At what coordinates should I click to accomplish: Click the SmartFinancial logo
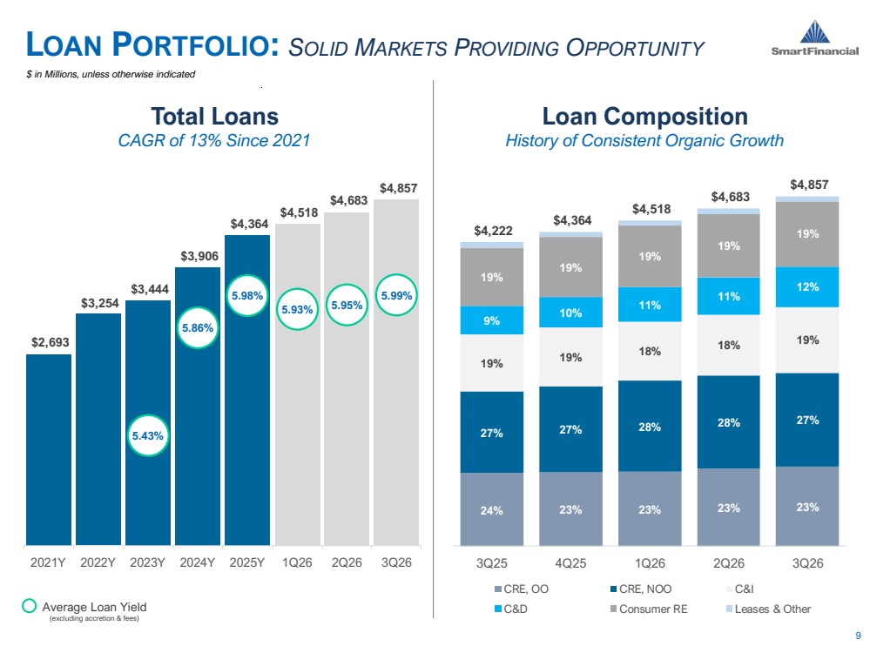coord(814,37)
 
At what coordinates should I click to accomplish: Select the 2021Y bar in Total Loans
coord(49,449)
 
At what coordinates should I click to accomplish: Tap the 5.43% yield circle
coord(147,435)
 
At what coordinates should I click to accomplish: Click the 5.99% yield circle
coord(396,295)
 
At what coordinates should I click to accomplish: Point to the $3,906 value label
coord(199,256)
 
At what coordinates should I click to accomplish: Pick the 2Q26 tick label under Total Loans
coord(347,562)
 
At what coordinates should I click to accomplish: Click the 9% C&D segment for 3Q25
coord(491,320)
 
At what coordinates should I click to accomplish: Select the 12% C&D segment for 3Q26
coord(807,286)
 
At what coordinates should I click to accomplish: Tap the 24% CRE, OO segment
coord(491,509)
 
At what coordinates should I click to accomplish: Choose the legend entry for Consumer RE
coord(648,609)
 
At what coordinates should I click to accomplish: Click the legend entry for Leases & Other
coord(768,609)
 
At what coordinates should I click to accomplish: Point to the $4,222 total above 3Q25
coord(493,230)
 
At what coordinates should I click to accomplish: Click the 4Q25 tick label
coord(570,563)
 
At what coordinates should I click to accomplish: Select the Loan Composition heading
coord(644,117)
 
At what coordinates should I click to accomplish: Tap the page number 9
coord(859,636)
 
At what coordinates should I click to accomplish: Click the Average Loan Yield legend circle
coord(29,606)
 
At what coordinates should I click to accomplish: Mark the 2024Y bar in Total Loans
coord(198,406)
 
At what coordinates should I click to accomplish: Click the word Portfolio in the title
coord(195,45)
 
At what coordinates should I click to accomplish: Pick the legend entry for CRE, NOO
coord(640,589)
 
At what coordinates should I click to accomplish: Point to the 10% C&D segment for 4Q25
coord(570,313)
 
